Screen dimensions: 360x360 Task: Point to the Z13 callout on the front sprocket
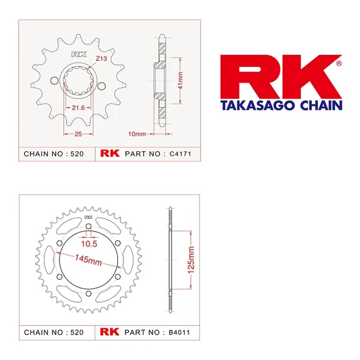point(102,58)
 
